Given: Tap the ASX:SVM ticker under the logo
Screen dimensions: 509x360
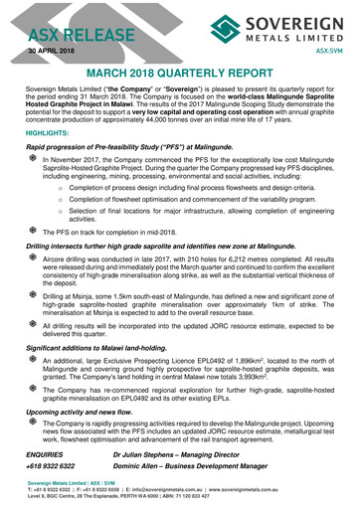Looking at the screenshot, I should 330,49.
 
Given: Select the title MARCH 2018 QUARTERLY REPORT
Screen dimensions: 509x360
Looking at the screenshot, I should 180,75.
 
